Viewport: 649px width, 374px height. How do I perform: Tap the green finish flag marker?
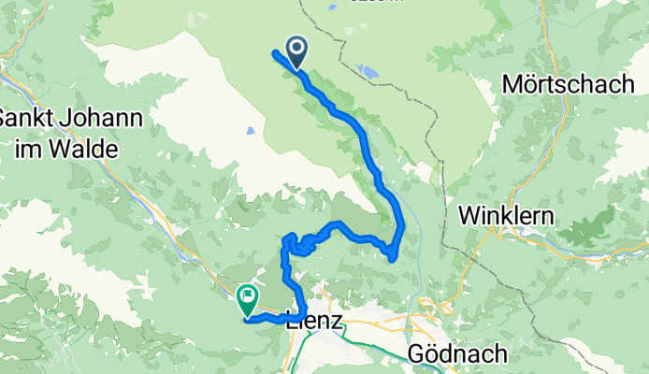248,299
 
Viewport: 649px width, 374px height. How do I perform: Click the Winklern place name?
506,216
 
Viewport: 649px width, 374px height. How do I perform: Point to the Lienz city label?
318,323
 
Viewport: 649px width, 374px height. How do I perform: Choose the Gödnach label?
458,354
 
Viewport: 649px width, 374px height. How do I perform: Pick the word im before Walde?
29,149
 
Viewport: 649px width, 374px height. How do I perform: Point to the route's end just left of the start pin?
274,52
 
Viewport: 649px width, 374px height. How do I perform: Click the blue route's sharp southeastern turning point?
394,257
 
